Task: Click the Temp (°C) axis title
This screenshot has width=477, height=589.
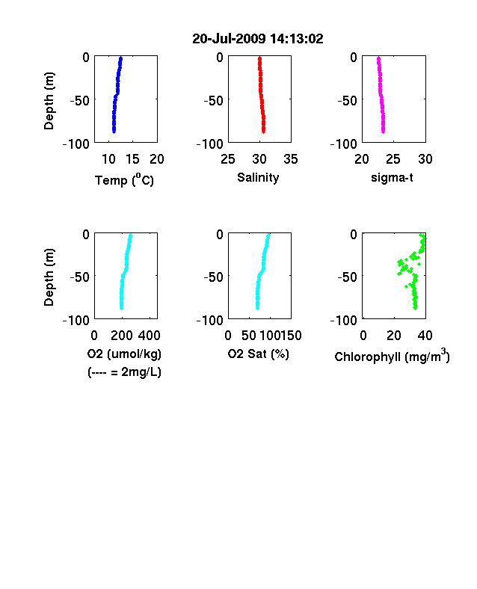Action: click(124, 180)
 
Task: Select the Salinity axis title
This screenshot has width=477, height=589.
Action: click(258, 177)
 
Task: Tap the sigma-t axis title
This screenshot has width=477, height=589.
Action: click(392, 177)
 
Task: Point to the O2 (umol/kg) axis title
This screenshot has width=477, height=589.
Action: click(124, 354)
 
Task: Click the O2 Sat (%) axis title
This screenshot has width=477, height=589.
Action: click(259, 354)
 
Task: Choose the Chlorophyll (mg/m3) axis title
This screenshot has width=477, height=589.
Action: click(392, 356)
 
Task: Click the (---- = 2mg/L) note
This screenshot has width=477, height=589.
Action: click(124, 372)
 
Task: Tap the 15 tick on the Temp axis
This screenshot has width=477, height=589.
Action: click(132, 159)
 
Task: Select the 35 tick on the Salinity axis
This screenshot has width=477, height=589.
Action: click(291, 159)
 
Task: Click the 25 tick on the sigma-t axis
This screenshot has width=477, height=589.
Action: click(393, 159)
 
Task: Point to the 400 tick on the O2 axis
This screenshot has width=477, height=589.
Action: click(149, 336)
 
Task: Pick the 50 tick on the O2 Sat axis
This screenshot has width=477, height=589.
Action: click(249, 336)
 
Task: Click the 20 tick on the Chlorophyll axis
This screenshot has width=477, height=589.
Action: click(393, 336)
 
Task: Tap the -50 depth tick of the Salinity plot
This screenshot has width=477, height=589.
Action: click(213, 101)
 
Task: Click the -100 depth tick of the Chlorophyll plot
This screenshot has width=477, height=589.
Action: click(344, 321)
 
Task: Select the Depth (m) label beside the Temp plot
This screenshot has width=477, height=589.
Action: click(49, 101)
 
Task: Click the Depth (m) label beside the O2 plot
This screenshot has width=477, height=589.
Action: click(49, 277)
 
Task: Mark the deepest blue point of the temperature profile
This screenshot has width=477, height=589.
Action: click(114, 131)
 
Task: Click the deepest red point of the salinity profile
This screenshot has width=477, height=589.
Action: click(264, 132)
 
